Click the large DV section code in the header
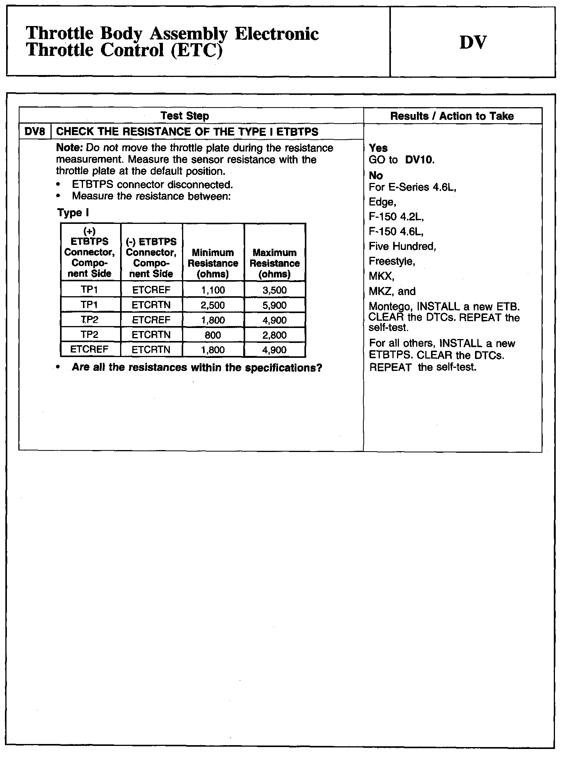(x=473, y=42)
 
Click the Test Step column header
(x=185, y=116)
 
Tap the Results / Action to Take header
(x=452, y=116)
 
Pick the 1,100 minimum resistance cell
(x=213, y=290)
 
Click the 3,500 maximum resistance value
(x=275, y=290)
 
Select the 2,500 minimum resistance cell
(x=213, y=305)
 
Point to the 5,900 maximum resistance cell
(x=275, y=305)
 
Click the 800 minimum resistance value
(x=213, y=335)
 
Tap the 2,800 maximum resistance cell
(x=275, y=335)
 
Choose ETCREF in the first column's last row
(x=89, y=349)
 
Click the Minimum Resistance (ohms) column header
(x=213, y=263)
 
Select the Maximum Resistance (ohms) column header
(x=275, y=263)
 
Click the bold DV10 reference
(x=420, y=160)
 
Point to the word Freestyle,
(x=392, y=261)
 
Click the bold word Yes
(x=378, y=148)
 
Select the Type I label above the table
(x=73, y=213)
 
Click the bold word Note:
(x=70, y=148)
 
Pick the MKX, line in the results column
(x=381, y=276)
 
